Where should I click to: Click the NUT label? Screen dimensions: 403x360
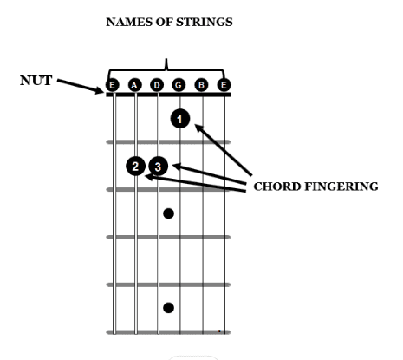(36, 81)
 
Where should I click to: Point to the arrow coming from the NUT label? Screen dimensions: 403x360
(80, 86)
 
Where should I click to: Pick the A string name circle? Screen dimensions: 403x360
(134, 85)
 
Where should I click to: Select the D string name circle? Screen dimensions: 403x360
(157, 85)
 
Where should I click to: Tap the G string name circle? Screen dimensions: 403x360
(179, 85)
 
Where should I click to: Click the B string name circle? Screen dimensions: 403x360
(201, 85)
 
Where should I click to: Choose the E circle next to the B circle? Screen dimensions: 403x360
(224, 85)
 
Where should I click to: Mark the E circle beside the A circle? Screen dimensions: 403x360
(112, 85)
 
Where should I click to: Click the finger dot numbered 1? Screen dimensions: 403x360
(180, 119)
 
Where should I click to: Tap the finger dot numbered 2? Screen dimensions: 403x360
(135, 167)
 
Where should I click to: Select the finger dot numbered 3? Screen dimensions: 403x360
(158, 167)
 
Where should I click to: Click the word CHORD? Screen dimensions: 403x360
(277, 187)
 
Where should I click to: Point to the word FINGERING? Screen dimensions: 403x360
(341, 187)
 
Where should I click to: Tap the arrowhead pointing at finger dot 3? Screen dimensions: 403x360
(176, 166)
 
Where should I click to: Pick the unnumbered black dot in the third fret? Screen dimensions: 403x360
(168, 213)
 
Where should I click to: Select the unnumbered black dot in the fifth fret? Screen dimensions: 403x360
(168, 308)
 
